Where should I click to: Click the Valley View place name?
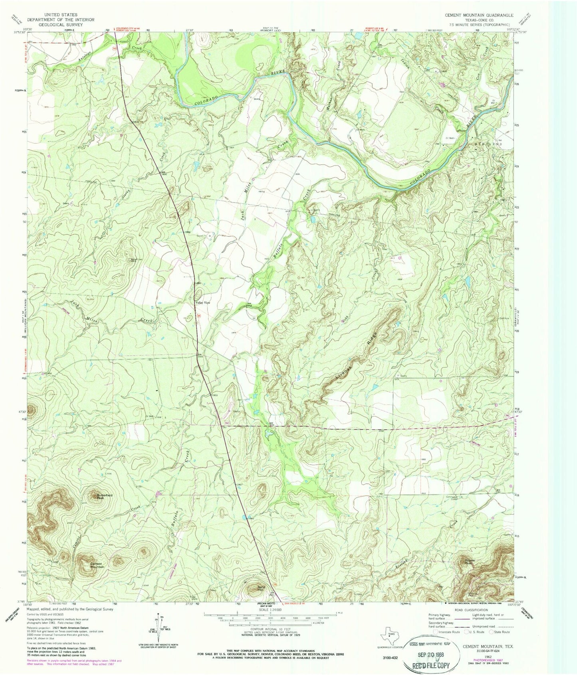pyautogui.click(x=202, y=303)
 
